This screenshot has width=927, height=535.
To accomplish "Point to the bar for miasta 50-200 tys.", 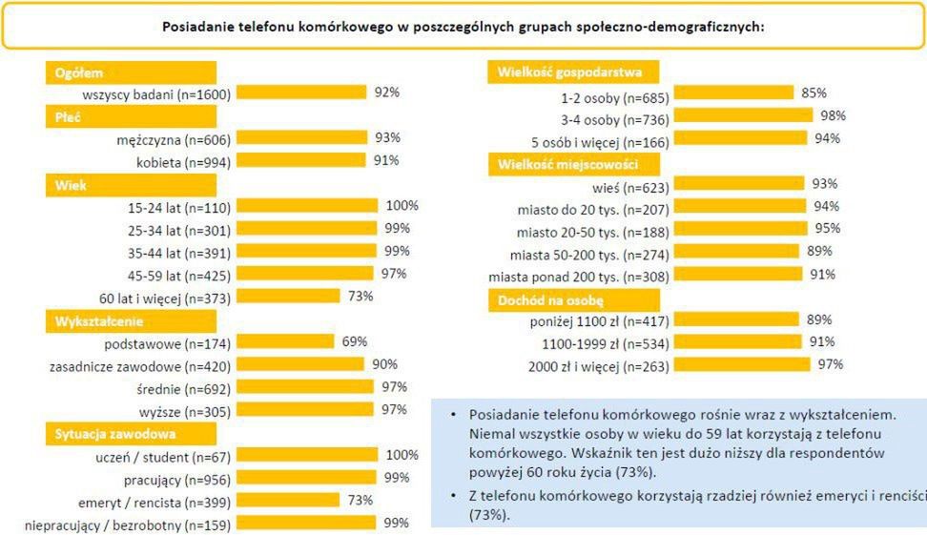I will pyautogui.click(x=738, y=252).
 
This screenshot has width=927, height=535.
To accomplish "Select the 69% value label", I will pyautogui.click(x=355, y=341).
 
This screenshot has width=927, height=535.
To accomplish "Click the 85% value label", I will pyautogui.click(x=814, y=93).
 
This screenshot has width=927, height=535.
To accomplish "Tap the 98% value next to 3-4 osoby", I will pyautogui.click(x=833, y=115).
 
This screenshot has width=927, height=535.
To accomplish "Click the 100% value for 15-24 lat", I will pyautogui.click(x=402, y=206).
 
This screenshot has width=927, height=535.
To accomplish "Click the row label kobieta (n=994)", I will pyautogui.click(x=183, y=161).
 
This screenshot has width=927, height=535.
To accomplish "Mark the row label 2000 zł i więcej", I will pyautogui.click(x=600, y=365).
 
